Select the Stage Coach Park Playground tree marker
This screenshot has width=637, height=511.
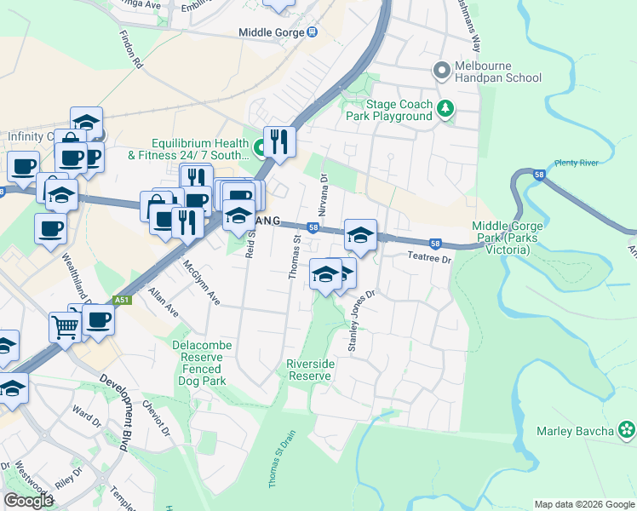coord(445,108)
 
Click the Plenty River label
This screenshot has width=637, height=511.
coord(577,163)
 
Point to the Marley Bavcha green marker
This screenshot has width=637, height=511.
coord(627,430)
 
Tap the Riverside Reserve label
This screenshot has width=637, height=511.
coord(308,370)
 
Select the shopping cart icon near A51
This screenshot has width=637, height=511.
coord(65,324)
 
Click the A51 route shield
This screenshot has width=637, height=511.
coord(123,301)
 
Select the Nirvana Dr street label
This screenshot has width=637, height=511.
coord(323,195)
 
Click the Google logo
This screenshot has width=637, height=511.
coord(27,501)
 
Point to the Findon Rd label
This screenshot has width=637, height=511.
coord(135,51)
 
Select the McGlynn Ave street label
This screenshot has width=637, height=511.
coord(202,283)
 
